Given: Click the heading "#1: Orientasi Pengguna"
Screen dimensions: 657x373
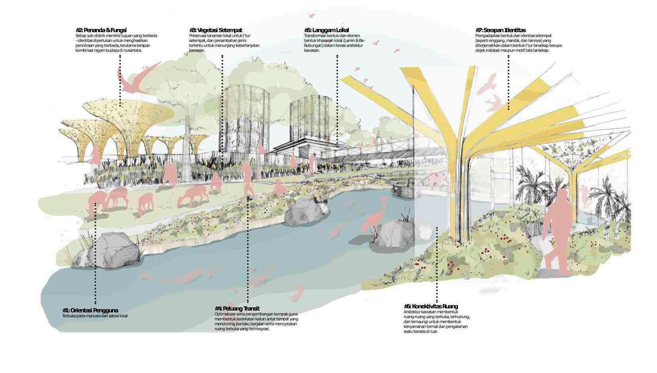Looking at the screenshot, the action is pyautogui.click(x=90, y=310).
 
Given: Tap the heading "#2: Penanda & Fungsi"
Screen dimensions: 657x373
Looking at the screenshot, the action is pyautogui.click(x=101, y=30).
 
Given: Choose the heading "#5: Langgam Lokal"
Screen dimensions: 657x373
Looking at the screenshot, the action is pyautogui.click(x=326, y=30).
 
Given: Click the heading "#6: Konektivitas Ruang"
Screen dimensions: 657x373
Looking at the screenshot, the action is pyautogui.click(x=430, y=306).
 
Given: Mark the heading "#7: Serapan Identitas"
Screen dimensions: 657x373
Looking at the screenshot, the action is pyautogui.click(x=501, y=30).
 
